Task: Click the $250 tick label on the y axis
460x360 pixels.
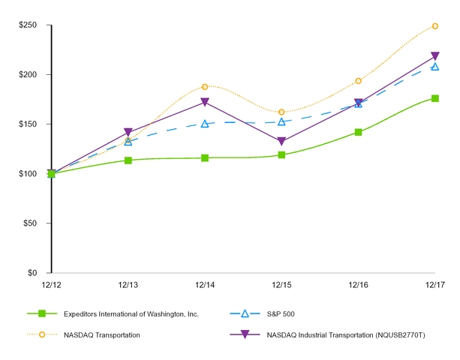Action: click(29, 25)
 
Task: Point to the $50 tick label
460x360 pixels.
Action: click(31, 223)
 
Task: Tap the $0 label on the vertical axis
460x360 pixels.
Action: click(34, 273)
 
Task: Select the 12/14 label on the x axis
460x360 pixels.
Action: click(205, 285)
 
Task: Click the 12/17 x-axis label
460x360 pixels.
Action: click(434, 285)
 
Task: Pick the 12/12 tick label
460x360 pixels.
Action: click(51, 285)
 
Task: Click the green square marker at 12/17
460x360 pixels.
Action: click(435, 98)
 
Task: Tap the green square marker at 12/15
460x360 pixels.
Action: click(281, 155)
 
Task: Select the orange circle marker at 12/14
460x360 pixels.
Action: click(205, 87)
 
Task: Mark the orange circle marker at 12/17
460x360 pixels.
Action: click(435, 26)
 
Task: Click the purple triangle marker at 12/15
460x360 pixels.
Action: click(281, 142)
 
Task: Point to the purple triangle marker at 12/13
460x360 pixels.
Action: click(128, 133)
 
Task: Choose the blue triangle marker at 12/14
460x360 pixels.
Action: click(205, 124)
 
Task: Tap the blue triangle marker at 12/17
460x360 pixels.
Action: click(435, 66)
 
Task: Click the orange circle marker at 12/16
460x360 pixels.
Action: click(359, 81)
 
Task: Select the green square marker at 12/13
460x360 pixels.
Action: click(128, 160)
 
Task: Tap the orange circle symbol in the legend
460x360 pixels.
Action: click(42, 334)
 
